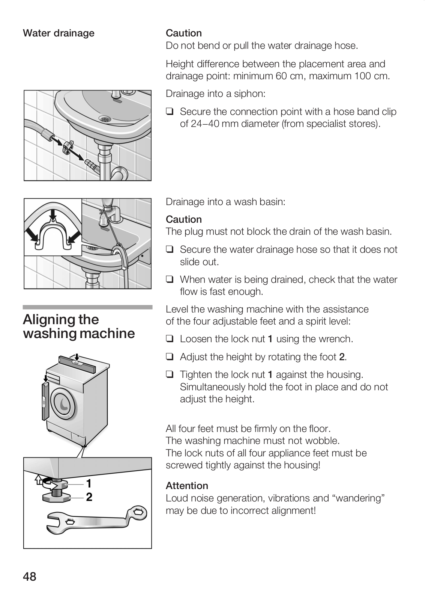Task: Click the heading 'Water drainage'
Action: [59, 33]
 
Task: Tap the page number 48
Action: [30, 576]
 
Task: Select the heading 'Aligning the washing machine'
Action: [79, 326]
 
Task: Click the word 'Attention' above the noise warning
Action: [187, 486]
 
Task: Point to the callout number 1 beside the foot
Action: [89, 483]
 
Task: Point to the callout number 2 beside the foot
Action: [89, 497]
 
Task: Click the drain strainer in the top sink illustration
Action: [105, 119]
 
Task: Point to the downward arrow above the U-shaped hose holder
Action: [53, 215]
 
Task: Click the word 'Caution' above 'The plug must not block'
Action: [184, 219]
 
